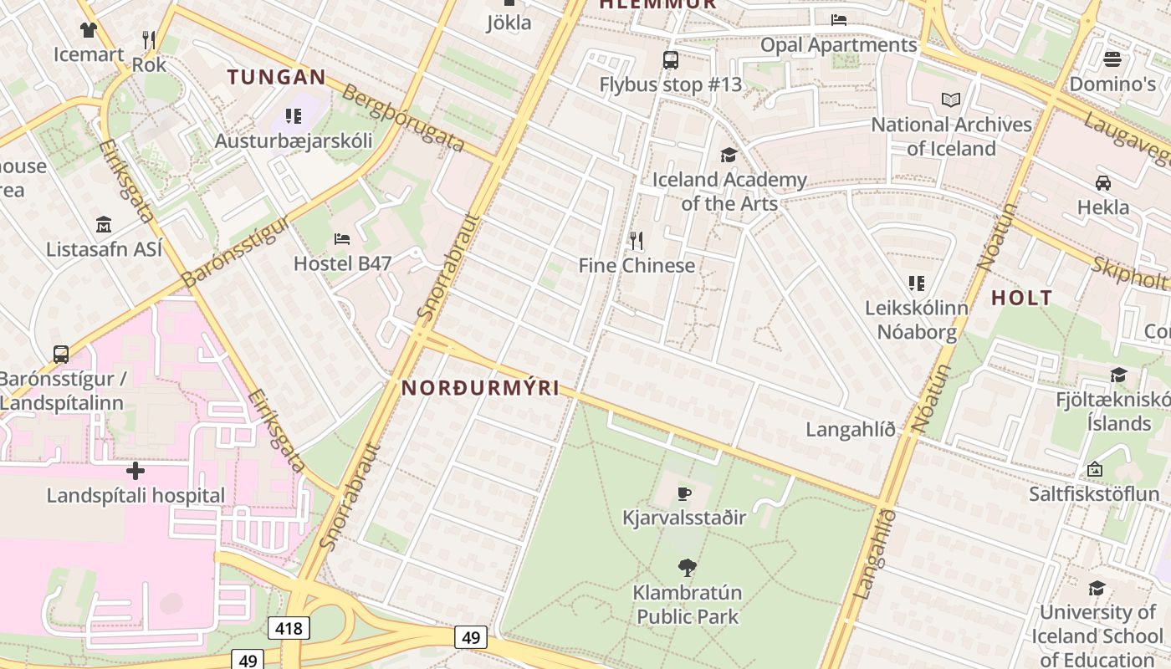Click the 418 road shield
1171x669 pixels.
tap(289, 627)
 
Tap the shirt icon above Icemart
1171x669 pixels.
tap(89, 31)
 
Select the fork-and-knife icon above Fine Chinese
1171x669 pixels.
tap(637, 241)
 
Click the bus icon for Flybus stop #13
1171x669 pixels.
tap(670, 60)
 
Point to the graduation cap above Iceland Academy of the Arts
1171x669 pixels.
tap(729, 155)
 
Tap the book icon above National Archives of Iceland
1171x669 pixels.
tap(951, 100)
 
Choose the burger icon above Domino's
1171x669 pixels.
tap(1112, 59)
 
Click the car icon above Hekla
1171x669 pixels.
tap(1102, 183)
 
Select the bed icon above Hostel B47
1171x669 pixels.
tap(342, 239)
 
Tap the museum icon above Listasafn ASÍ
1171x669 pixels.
tap(104, 225)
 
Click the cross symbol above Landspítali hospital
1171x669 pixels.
tap(136, 471)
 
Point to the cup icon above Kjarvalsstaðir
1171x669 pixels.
tap(684, 493)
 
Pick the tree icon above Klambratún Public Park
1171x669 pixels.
tap(687, 568)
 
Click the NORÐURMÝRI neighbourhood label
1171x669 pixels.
tap(480, 389)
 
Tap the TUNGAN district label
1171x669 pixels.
tap(277, 78)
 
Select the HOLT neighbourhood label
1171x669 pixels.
tap(1021, 298)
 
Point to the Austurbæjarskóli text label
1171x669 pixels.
tap(294, 140)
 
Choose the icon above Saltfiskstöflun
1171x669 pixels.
tap(1094, 470)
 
